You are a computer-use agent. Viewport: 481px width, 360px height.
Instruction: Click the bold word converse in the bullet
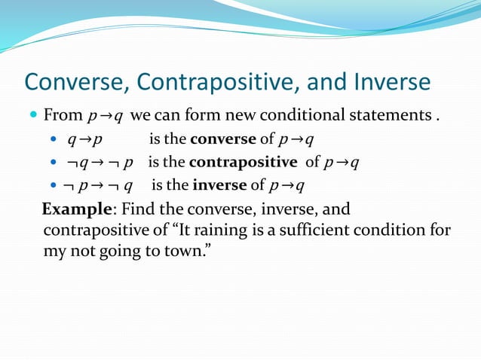tap(223, 139)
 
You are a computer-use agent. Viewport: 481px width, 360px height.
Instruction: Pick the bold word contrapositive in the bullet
tap(244, 162)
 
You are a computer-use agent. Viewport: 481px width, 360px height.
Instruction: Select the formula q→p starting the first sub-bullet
tap(85, 140)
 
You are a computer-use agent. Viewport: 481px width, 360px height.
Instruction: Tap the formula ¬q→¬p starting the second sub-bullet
tap(101, 163)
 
